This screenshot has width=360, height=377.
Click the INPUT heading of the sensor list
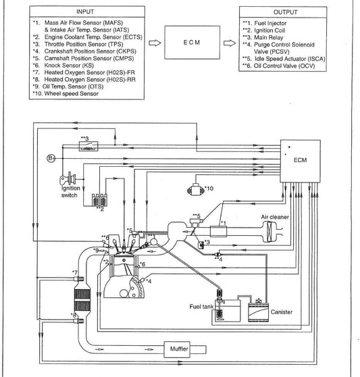pos(85,11)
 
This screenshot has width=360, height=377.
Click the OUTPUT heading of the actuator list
pos(285,12)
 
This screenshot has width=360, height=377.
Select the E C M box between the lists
pos(192,43)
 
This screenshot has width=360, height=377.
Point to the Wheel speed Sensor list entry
pos(66,93)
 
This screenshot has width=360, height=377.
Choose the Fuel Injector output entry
pos(265,24)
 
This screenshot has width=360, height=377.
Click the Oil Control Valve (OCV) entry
pos(279,66)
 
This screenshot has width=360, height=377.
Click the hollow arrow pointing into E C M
pos(155,43)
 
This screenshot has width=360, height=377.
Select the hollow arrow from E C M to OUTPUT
pos(230,43)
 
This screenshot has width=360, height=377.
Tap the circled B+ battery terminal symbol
pos(51,158)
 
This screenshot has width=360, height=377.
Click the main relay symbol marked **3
pos(88,146)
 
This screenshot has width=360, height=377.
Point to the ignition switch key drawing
pos(68,179)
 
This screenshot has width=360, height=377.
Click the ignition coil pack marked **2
pos(99,199)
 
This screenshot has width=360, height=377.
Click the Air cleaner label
pos(275,217)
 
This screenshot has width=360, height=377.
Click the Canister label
pos(282,312)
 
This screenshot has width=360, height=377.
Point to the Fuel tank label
pos(201,307)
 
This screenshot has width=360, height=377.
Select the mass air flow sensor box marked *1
pos(218,232)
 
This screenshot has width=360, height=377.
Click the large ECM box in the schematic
pos(301,161)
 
